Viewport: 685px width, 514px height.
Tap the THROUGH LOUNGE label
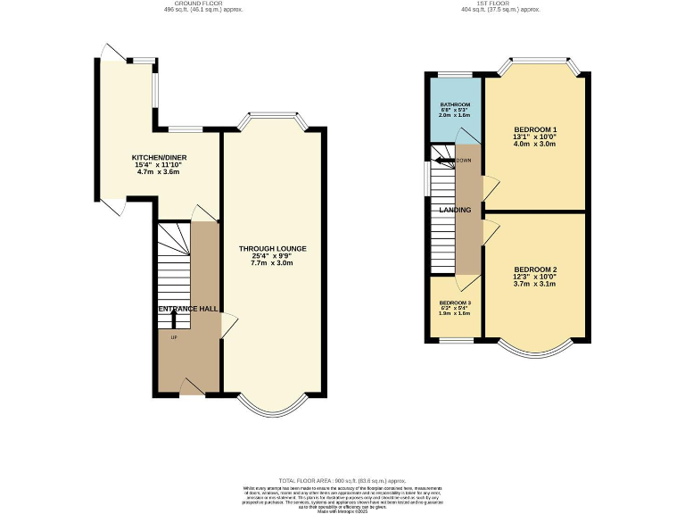(x=273, y=247)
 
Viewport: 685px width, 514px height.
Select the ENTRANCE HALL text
(x=188, y=309)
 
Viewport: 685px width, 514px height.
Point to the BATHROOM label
(x=455, y=104)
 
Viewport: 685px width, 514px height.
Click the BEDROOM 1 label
(x=535, y=130)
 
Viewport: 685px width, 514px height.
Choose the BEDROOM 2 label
(x=535, y=269)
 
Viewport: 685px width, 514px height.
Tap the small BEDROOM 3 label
(x=455, y=303)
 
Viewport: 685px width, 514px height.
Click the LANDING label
(x=455, y=210)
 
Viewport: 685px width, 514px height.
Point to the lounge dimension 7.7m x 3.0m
(x=273, y=263)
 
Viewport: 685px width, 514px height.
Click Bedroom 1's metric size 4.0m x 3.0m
(x=535, y=145)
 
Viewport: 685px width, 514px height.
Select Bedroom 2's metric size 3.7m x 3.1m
(x=535, y=284)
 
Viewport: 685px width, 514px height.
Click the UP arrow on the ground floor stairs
(x=173, y=318)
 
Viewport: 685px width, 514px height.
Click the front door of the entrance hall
(x=191, y=385)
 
